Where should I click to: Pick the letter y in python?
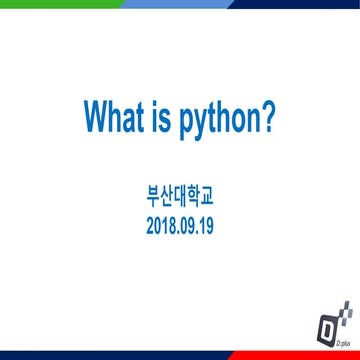click(x=207, y=123)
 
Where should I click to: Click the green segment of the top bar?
click(x=50, y=3)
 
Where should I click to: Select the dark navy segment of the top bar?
click(x=290, y=3)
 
